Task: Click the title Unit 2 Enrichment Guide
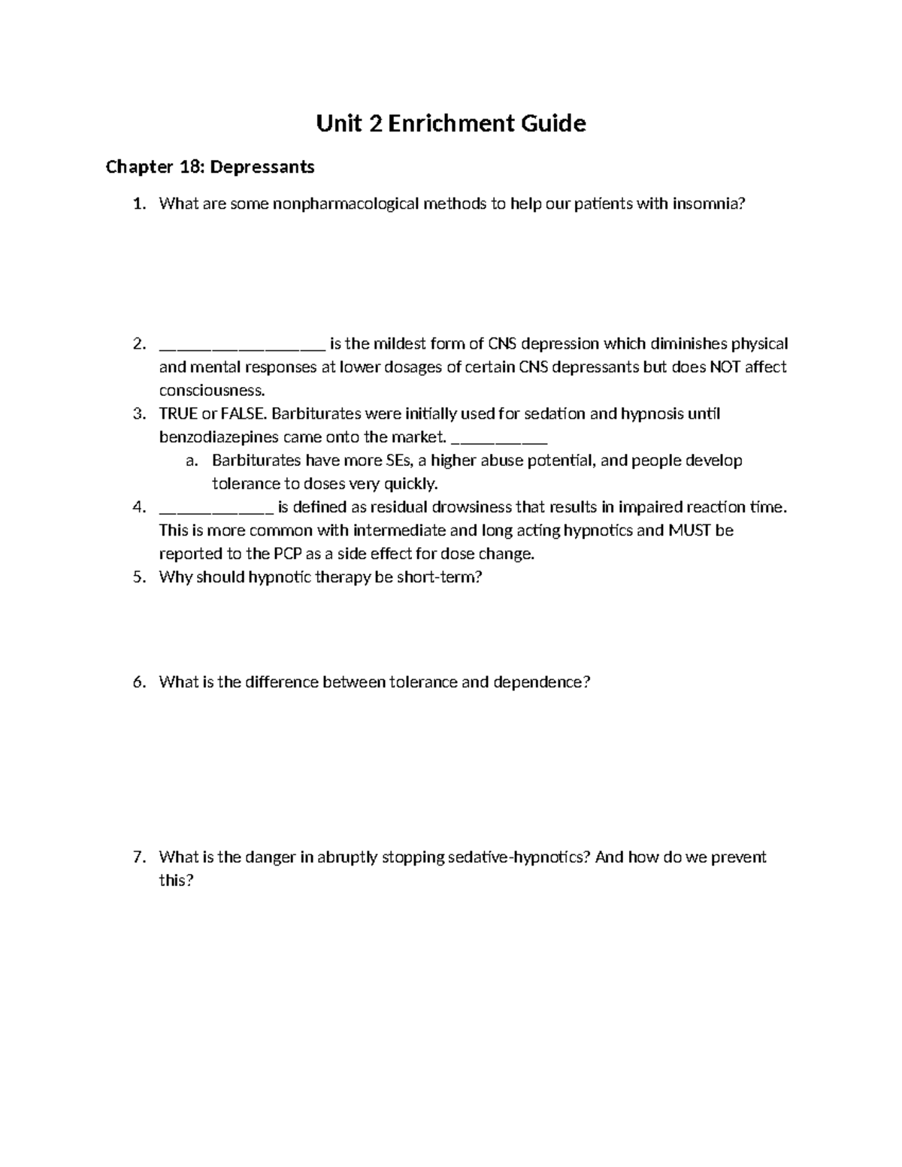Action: pyautogui.click(x=450, y=123)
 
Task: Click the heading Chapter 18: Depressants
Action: pyautogui.click(x=210, y=167)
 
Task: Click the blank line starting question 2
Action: pyautogui.click(x=242, y=345)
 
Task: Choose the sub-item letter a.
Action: pyautogui.click(x=191, y=461)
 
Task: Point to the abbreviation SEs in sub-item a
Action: pyautogui.click(x=398, y=461)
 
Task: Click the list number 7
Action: pyautogui.click(x=138, y=857)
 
